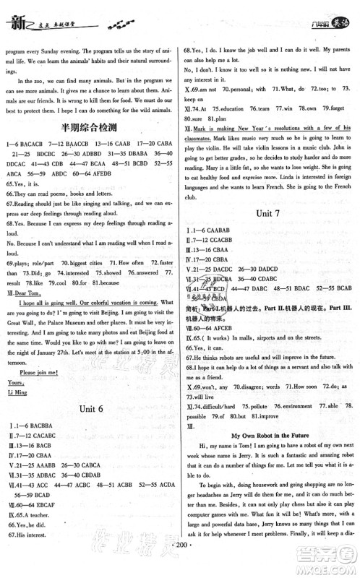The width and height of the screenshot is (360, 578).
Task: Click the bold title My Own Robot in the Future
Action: click(270, 436)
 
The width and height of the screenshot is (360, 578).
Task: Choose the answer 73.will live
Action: click(207, 396)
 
